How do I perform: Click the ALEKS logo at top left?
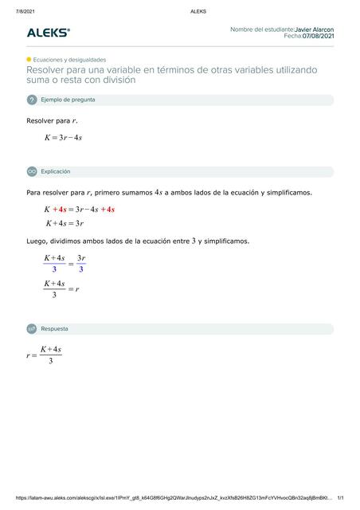(49, 33)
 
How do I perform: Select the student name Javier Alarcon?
(314, 29)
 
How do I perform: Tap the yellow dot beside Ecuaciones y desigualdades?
(29, 59)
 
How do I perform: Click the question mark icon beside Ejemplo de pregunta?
(32, 100)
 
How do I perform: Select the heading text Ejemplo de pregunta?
(68, 100)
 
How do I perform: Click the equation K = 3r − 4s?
(63, 138)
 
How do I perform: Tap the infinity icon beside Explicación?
(32, 171)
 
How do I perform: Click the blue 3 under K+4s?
(54, 269)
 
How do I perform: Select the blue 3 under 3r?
(81, 269)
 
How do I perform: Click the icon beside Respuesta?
(32, 328)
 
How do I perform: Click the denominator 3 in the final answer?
(50, 362)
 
